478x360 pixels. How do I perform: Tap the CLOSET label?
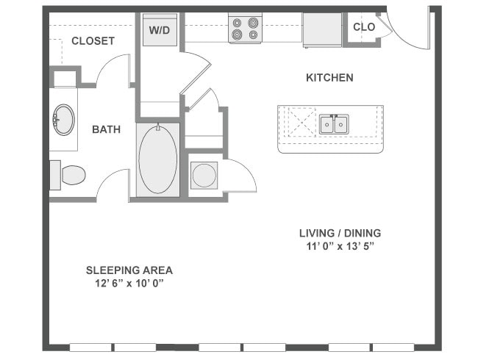[x=93, y=41]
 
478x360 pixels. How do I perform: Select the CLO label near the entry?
[x=364, y=27]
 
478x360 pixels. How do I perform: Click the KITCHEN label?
[x=329, y=77]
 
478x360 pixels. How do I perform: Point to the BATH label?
[x=107, y=130]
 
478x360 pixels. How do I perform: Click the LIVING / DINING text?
[x=340, y=233]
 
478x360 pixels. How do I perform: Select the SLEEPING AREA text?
[x=129, y=270]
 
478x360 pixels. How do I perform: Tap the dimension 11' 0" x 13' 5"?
[x=340, y=246]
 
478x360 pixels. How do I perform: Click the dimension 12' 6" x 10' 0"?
[x=129, y=283]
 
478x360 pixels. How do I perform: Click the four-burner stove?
[x=245, y=29]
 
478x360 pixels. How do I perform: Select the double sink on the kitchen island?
[x=333, y=125]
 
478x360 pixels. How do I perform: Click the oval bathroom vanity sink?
[x=63, y=120]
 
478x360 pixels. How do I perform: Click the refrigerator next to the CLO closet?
[x=322, y=29]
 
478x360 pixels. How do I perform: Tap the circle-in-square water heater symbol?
[x=204, y=176]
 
